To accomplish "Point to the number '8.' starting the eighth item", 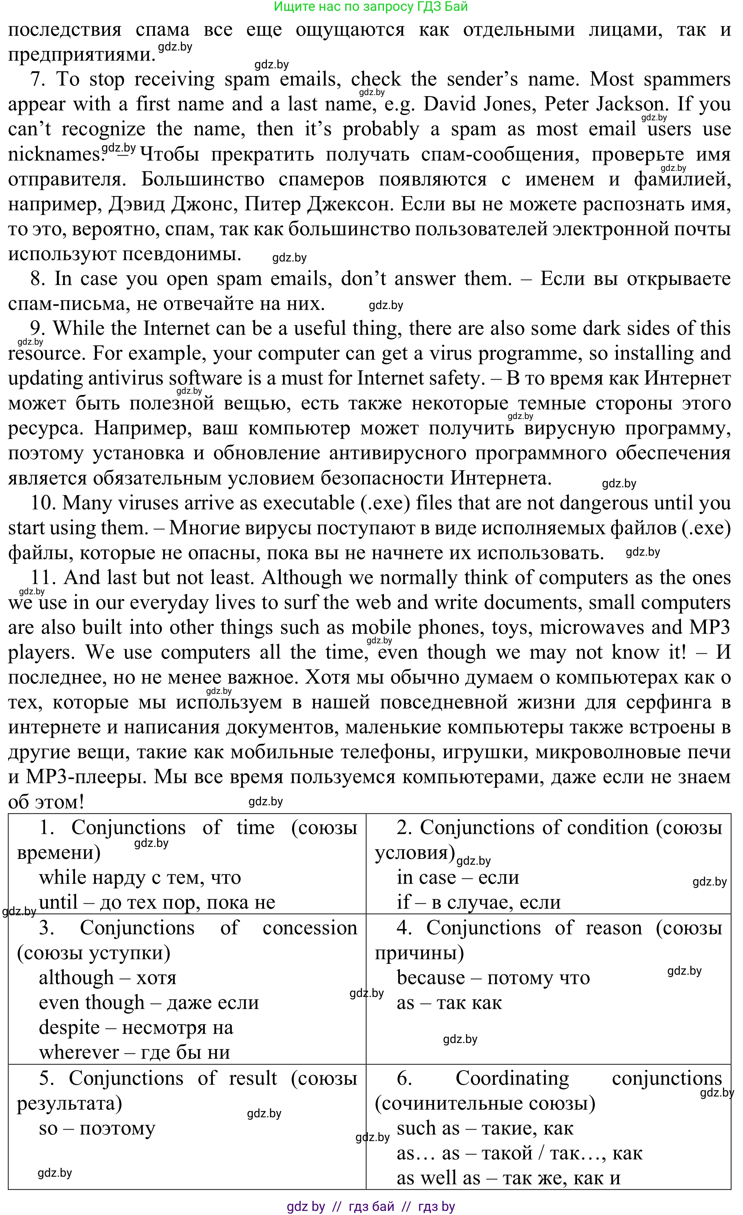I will [38, 279].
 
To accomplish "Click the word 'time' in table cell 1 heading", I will [255, 828].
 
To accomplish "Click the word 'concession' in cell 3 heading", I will [310, 928].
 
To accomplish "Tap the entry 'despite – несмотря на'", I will [136, 1028].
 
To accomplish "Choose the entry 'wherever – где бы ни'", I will [134, 1053].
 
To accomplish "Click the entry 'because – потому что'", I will [493, 978].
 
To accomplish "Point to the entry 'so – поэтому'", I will [97, 1128].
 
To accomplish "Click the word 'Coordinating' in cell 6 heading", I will [512, 1078].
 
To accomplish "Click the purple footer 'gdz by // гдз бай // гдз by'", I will [371, 1206].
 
